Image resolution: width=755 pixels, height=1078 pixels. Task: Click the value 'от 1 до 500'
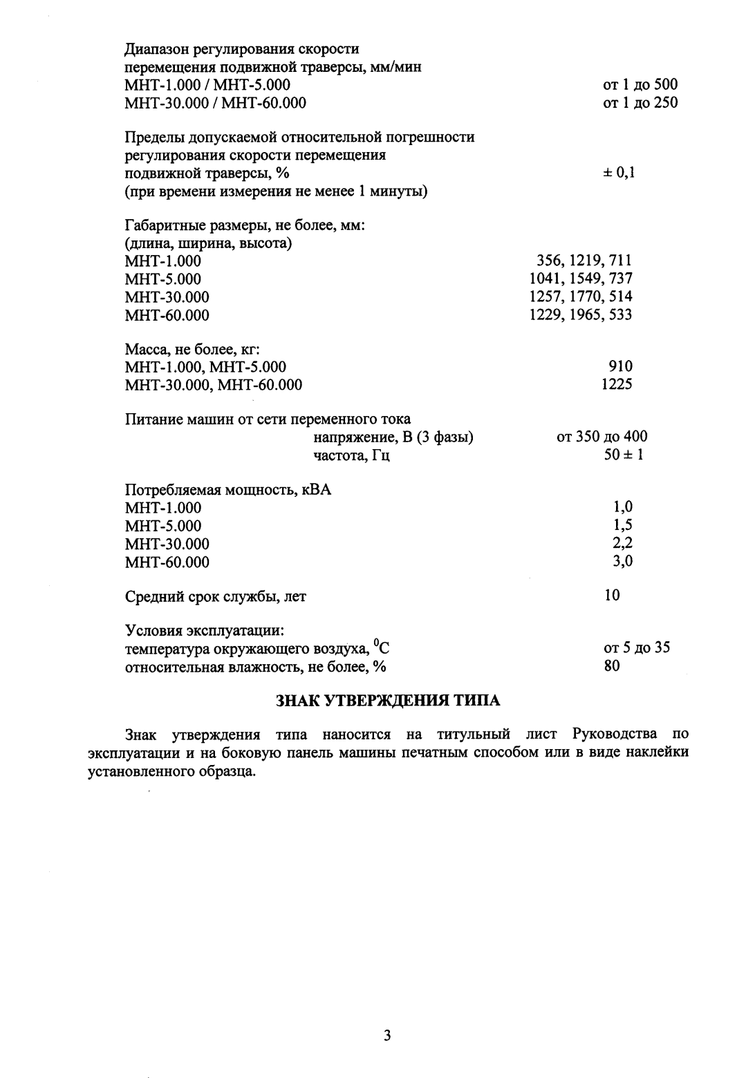pyautogui.click(x=640, y=85)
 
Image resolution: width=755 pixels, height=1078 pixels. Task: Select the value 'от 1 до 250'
pyautogui.click(x=640, y=103)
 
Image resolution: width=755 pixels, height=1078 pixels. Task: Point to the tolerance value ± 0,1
pyautogui.click(x=619, y=173)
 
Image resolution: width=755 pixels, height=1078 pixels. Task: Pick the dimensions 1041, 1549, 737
pyautogui.click(x=580, y=278)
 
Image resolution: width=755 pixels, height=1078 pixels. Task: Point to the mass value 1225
pyautogui.click(x=617, y=384)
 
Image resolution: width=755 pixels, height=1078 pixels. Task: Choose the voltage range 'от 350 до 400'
pyautogui.click(x=602, y=437)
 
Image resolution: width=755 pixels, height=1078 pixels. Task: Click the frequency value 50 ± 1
pyautogui.click(x=622, y=455)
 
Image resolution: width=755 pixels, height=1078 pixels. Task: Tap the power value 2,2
pyautogui.click(x=622, y=543)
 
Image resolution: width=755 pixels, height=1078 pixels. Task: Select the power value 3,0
pyautogui.click(x=622, y=561)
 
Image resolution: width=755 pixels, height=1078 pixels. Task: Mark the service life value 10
pyautogui.click(x=612, y=595)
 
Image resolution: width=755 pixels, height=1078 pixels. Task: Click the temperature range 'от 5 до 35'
pyautogui.click(x=637, y=648)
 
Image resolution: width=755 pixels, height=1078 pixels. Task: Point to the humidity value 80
pyautogui.click(x=612, y=666)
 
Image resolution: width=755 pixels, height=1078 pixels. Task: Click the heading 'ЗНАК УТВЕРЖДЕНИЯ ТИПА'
pyautogui.click(x=388, y=700)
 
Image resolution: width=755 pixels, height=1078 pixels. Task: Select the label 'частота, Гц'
pyautogui.click(x=351, y=455)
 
